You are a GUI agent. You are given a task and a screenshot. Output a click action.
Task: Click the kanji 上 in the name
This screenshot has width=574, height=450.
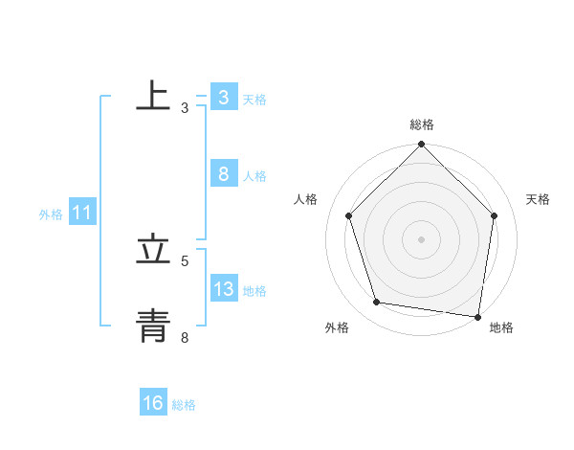(x=153, y=96)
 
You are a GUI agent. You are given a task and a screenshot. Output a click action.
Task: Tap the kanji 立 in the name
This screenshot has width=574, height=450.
(x=153, y=249)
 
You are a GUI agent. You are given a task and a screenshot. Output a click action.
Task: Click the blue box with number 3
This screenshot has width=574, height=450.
(x=223, y=98)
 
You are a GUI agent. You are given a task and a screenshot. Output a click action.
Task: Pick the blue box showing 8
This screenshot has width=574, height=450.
(x=223, y=174)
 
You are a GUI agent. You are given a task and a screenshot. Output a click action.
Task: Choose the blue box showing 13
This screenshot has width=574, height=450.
(x=223, y=289)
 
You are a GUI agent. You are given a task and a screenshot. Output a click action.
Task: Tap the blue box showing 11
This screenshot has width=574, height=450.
(x=81, y=214)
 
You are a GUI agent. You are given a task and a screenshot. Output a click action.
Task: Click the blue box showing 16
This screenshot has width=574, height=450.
(x=153, y=403)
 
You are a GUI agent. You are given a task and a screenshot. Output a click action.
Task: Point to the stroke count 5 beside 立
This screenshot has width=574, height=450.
(x=185, y=260)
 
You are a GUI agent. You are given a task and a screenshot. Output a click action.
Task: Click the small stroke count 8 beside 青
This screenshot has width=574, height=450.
(x=185, y=337)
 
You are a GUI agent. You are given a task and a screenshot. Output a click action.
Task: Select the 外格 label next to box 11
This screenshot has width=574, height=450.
(x=51, y=214)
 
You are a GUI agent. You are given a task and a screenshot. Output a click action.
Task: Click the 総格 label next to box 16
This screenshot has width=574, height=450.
(x=184, y=405)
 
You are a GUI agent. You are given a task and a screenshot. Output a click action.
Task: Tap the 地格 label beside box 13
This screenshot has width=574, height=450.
(x=254, y=291)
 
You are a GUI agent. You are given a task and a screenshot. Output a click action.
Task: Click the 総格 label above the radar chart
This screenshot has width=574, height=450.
(x=422, y=124)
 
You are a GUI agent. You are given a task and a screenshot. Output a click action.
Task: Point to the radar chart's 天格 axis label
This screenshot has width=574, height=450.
(x=539, y=199)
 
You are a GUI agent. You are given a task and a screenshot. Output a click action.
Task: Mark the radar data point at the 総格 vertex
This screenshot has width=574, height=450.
(x=422, y=146)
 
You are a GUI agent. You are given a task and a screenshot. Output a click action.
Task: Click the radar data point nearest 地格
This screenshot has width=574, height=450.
(x=476, y=315)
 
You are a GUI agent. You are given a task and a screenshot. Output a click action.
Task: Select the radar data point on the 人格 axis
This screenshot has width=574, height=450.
(x=349, y=215)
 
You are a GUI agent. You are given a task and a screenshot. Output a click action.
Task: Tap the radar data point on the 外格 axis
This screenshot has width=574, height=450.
(x=378, y=303)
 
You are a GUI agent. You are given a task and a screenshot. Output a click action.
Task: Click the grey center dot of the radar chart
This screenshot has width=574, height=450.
(x=422, y=239)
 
